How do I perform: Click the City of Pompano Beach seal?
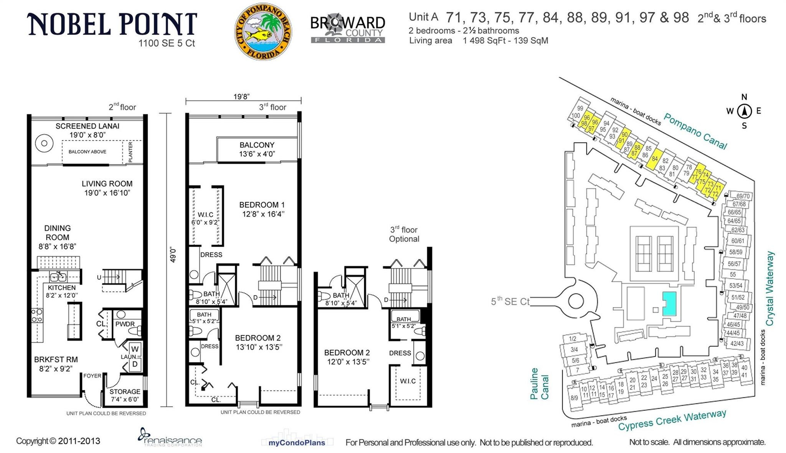263,31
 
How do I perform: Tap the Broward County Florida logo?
348,29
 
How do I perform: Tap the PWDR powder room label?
125,324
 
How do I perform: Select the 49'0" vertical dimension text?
173,254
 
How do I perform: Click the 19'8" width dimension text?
241,97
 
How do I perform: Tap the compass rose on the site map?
744,111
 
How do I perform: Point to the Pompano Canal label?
695,131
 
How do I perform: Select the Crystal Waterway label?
769,288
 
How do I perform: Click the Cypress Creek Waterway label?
672,420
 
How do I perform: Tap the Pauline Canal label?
539,384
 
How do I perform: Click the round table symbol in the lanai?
44,143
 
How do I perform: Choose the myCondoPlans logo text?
297,443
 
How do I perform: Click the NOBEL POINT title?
112,24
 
